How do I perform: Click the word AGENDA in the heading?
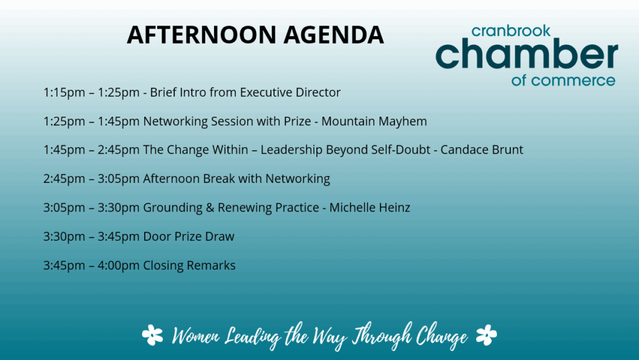click(334, 34)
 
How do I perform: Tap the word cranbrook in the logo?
click(510, 31)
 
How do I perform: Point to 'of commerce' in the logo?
click(563, 80)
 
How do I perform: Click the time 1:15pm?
click(64, 92)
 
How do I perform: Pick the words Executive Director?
click(290, 92)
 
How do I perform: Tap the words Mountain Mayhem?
click(374, 122)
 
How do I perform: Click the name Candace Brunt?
click(482, 150)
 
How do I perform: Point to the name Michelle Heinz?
click(369, 208)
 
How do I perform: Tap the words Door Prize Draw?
click(188, 236)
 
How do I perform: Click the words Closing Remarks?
click(189, 266)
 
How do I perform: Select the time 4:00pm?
click(119, 266)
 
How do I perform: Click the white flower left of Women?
click(152, 335)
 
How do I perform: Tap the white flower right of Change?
click(486, 335)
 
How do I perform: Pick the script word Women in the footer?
click(195, 336)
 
